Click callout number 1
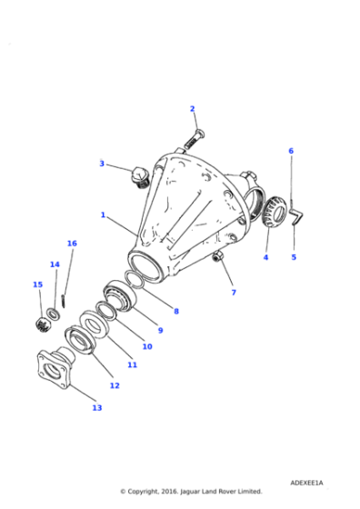click(x=103, y=215)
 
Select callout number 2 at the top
click(x=192, y=109)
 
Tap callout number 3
click(x=102, y=164)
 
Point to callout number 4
click(x=265, y=257)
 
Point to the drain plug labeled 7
click(x=218, y=263)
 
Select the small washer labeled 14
click(x=54, y=314)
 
